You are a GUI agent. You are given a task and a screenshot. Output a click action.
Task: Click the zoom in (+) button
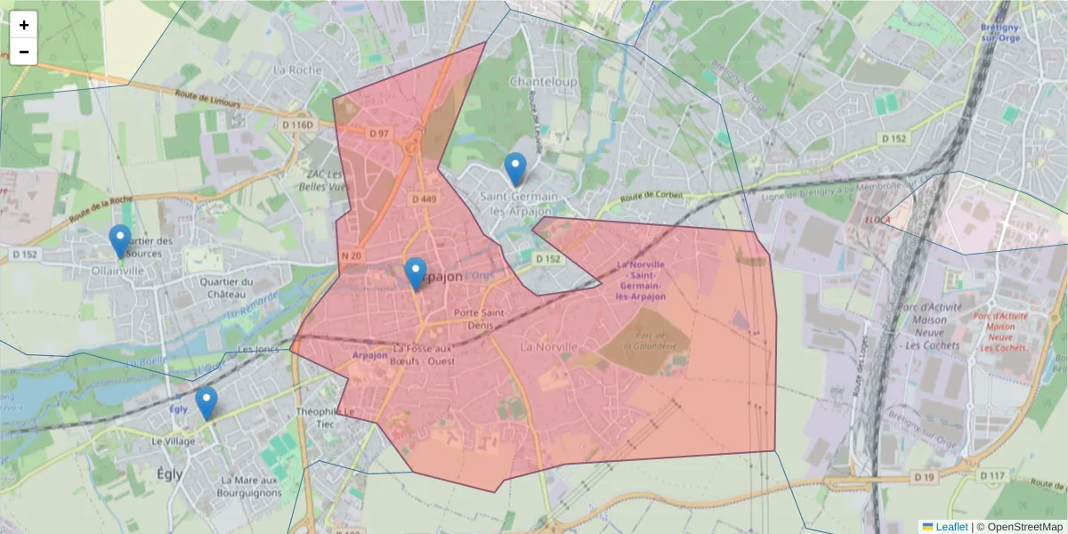pyautogui.click(x=24, y=25)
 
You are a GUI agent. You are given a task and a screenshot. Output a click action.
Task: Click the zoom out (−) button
pyautogui.click(x=24, y=52)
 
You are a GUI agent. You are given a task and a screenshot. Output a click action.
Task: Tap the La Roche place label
pyautogui.click(x=296, y=69)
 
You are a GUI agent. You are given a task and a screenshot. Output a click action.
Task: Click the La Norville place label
pyautogui.click(x=549, y=346)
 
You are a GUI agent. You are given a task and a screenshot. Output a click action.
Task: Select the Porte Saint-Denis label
pyautogui.click(x=480, y=319)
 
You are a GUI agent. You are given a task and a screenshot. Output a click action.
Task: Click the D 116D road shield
pyautogui.click(x=298, y=125)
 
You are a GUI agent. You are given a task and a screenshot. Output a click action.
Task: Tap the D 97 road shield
pyautogui.click(x=379, y=133)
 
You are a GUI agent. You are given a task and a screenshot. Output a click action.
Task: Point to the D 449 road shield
pyautogui.click(x=423, y=199)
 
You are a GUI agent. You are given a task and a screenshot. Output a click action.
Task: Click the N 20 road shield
pyautogui.click(x=352, y=256)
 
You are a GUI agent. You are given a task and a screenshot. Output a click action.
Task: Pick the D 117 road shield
pyautogui.click(x=995, y=476)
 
